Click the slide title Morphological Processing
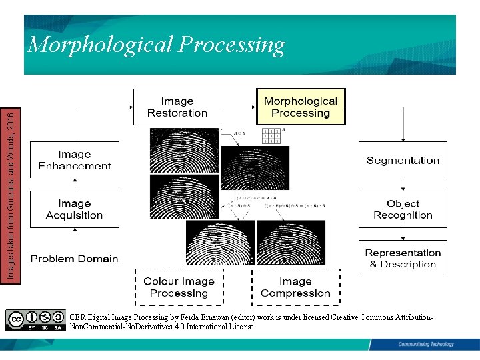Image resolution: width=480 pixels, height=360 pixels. (156, 45)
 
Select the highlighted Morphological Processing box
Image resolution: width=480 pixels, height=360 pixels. (301, 107)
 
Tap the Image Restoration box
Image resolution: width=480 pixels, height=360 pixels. (177, 107)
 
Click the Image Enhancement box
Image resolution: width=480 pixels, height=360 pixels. (75, 160)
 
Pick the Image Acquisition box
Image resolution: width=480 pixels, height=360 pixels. (75, 209)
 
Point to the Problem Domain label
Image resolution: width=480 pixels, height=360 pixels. (75, 259)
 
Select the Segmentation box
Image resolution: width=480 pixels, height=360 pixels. (403, 160)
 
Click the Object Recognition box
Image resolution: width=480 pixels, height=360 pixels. (403, 209)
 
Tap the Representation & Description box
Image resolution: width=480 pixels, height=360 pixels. (403, 259)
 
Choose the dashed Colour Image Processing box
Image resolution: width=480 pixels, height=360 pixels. (179, 287)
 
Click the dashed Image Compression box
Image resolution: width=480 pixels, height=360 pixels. (295, 287)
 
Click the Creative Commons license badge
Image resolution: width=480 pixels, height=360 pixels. (36, 320)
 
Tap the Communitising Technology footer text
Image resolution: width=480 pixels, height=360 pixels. (425, 344)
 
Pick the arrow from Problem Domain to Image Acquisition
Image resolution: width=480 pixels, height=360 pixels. (75, 237)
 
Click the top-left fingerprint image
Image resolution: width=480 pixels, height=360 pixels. (184, 150)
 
